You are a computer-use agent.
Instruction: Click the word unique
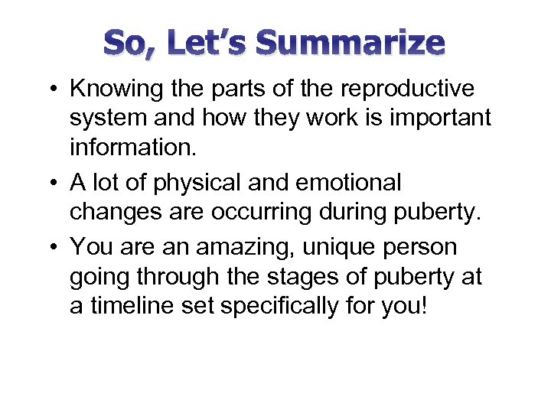point(350,248)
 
